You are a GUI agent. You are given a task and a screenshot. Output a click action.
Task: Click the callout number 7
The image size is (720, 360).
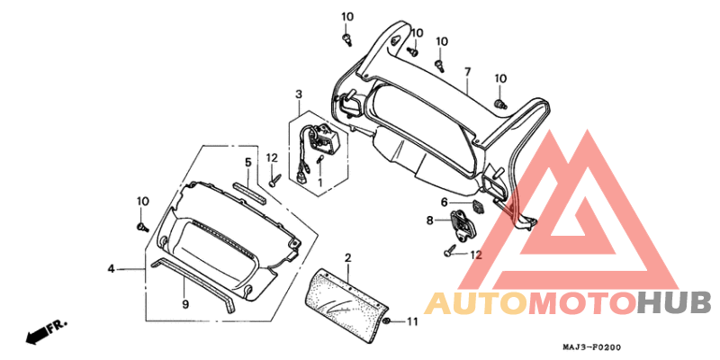point(468,71)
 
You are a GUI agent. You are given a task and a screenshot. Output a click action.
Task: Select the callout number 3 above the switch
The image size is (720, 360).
point(298,94)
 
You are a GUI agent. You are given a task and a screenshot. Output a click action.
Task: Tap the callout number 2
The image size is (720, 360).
point(347,258)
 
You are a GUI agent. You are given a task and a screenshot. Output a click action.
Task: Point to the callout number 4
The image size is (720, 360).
point(112,268)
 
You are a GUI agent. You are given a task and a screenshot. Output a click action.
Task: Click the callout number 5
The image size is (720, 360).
point(247,162)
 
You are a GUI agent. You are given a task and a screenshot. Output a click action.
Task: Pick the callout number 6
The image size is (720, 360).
point(444,202)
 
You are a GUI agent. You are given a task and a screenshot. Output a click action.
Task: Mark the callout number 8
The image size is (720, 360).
point(430,220)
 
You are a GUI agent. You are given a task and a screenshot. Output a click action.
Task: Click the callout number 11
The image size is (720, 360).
point(413,321)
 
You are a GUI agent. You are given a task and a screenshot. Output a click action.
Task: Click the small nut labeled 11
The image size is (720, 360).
point(386,321)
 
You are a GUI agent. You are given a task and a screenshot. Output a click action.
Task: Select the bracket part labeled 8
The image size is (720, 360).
point(462,223)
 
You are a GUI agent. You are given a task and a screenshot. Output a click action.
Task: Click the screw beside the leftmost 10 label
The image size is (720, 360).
point(142,225)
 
